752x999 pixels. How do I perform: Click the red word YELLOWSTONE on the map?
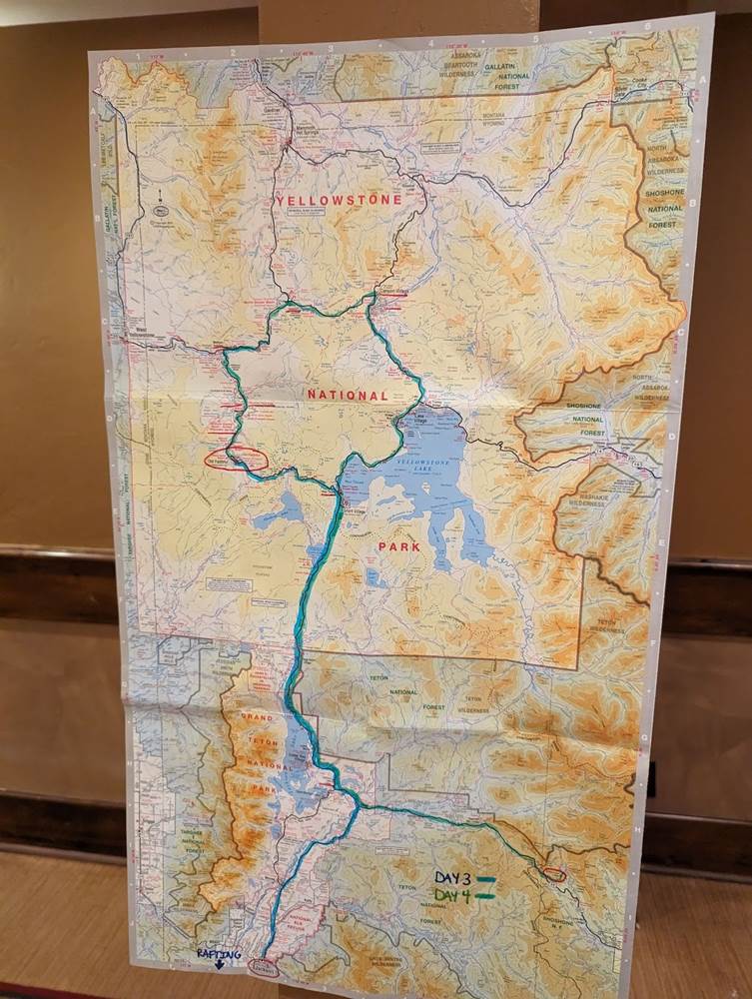(340, 201)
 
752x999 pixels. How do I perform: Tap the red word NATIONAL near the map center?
(347, 396)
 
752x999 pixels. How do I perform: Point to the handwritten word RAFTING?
(218, 954)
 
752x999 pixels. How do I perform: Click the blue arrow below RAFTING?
(219, 966)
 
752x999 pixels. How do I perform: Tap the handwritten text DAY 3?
(452, 878)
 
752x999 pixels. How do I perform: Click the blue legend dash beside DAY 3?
(485, 879)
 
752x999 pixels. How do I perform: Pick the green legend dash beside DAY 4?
(485, 896)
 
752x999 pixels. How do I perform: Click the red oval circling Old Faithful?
(236, 460)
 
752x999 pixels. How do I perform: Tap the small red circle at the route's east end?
(554, 874)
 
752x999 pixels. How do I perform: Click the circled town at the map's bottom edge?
(265, 966)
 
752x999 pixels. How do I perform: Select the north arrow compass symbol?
(161, 204)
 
